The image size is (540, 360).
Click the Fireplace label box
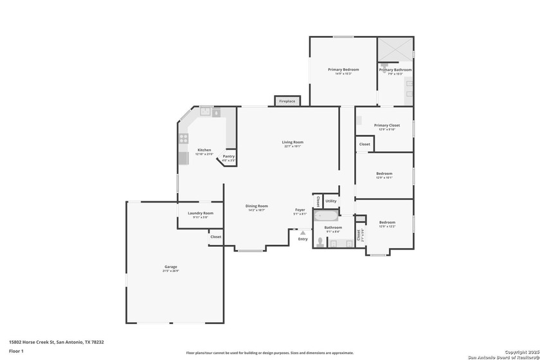pyautogui.click(x=287, y=101)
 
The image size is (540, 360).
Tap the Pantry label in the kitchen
pyautogui.click(x=229, y=156)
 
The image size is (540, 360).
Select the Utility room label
pyautogui.click(x=330, y=201)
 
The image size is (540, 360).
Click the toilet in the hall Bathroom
pyautogui.click(x=319, y=241)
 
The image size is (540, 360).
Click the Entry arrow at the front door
pyautogui.click(x=303, y=233)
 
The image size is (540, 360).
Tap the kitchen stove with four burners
pyautogui.click(x=183, y=138)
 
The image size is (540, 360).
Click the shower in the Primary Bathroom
pyautogui.click(x=395, y=48)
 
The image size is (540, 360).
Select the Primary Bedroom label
pyautogui.click(x=343, y=69)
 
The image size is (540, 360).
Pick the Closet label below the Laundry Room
pyautogui.click(x=215, y=237)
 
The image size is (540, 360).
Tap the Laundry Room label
pyautogui.click(x=201, y=213)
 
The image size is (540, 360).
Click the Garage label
pyautogui.click(x=170, y=267)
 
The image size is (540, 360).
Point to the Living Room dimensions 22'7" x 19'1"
pyautogui.click(x=292, y=147)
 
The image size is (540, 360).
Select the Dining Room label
pyautogui.click(x=256, y=206)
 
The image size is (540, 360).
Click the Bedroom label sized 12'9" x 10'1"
pyautogui.click(x=384, y=174)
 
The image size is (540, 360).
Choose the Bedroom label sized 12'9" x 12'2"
pyautogui.click(x=387, y=222)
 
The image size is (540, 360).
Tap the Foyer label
pyautogui.click(x=300, y=210)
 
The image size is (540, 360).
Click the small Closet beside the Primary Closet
pyautogui.click(x=364, y=145)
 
